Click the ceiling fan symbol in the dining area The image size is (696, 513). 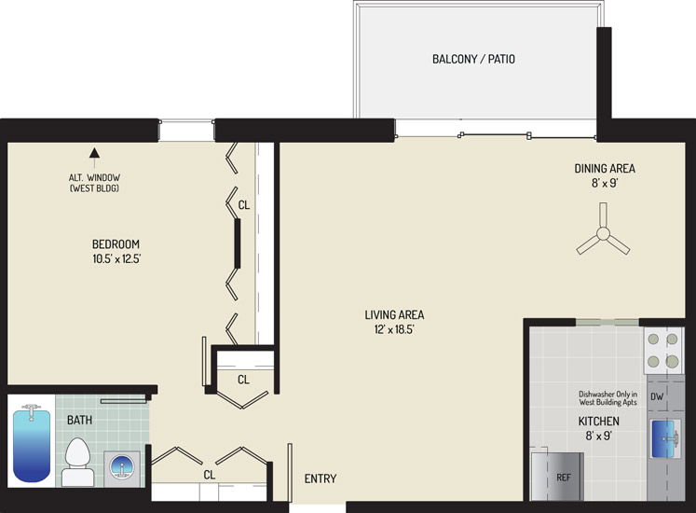point(603,233)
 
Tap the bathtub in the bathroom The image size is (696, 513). point(31,443)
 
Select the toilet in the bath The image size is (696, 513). point(78,462)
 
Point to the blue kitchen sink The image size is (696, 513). point(665,438)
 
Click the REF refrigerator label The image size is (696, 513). point(564,478)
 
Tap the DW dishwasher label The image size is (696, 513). point(657,396)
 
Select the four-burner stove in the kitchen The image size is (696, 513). point(663,351)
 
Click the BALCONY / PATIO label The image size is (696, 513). point(473,59)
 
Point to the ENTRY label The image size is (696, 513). point(320,478)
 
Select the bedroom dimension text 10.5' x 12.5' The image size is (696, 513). point(116,258)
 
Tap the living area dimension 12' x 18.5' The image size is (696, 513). point(394,329)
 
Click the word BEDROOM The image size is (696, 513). point(116,244)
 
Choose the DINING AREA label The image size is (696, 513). point(605,169)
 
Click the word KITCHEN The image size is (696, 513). point(598,421)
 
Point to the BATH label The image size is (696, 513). point(79,420)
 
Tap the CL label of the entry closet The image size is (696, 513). point(209,475)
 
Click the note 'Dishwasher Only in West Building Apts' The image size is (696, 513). point(607,398)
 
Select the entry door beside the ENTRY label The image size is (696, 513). point(290,473)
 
